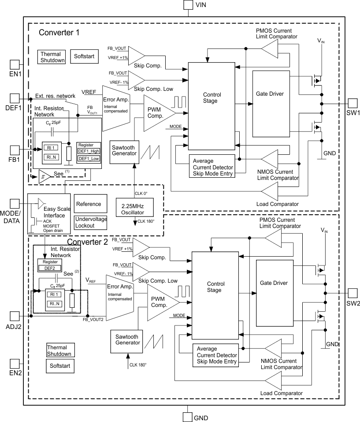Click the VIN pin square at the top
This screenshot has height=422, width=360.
click(188, 5)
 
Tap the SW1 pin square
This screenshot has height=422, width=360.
click(353, 103)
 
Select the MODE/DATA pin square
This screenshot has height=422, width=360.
click(15, 204)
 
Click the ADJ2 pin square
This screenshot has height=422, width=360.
click(15, 316)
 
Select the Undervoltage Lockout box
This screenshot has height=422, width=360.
click(90, 222)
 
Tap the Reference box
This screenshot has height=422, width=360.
click(90, 204)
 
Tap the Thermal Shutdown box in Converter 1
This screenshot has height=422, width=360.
click(52, 57)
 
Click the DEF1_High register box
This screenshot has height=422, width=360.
click(89, 151)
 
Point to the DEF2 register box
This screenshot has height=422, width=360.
click(49, 268)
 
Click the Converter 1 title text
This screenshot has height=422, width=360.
click(59, 33)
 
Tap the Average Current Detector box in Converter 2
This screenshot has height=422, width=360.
click(216, 355)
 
